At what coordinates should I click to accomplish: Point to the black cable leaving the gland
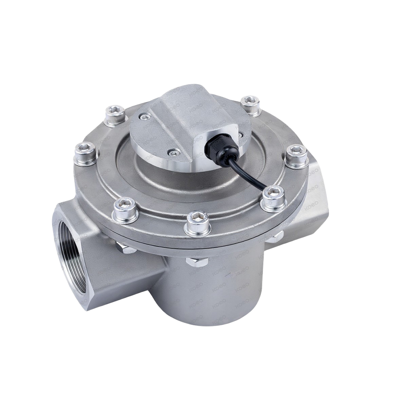click(x=247, y=170)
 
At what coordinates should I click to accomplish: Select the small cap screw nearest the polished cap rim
click(x=175, y=152)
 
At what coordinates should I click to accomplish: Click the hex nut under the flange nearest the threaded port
click(x=126, y=247)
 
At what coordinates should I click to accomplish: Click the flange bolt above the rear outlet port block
click(x=297, y=156)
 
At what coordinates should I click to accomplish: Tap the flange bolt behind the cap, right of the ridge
click(x=250, y=105)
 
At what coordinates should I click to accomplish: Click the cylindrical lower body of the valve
click(x=211, y=292)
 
